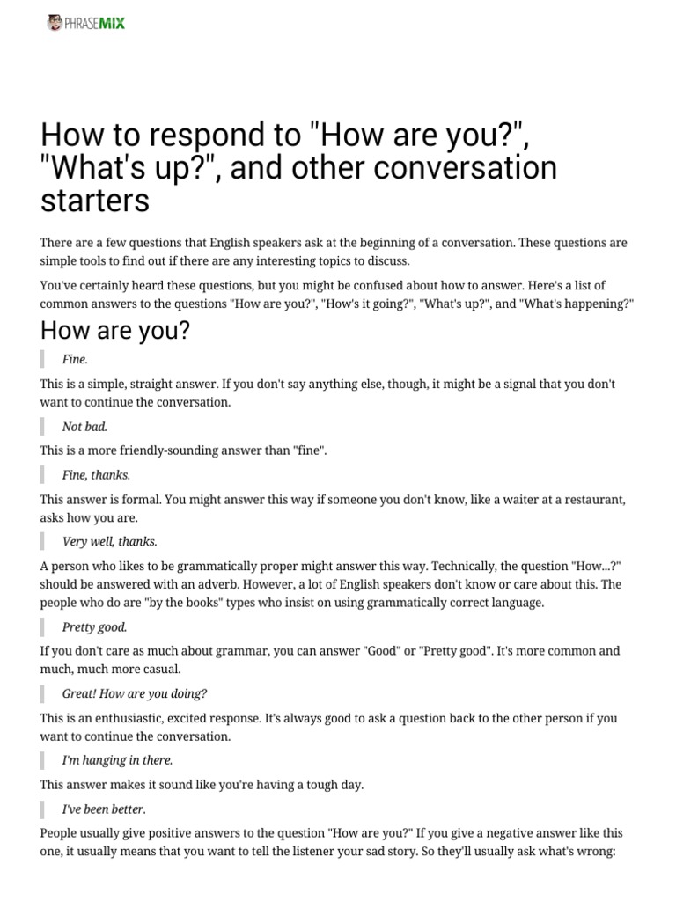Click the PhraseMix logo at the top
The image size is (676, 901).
click(x=86, y=23)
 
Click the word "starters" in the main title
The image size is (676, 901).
click(x=95, y=200)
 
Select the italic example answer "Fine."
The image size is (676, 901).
click(x=76, y=359)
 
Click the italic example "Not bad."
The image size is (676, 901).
click(x=85, y=427)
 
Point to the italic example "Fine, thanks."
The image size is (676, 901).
click(x=97, y=475)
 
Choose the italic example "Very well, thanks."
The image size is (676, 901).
click(x=110, y=541)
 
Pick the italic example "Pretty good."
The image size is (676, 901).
click(x=95, y=627)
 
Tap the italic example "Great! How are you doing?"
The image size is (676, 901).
click(x=135, y=693)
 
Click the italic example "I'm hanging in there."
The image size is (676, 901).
click(x=117, y=759)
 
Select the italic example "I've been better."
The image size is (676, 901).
click(x=104, y=809)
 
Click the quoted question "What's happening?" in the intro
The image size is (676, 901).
click(x=579, y=303)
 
